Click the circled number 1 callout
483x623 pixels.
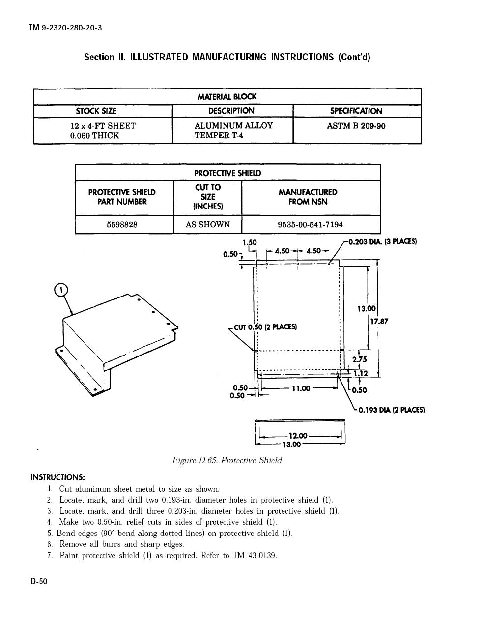[x=61, y=290]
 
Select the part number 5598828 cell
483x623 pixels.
[x=122, y=225]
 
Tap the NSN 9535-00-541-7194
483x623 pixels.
[x=310, y=225]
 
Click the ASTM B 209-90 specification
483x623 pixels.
[x=356, y=126]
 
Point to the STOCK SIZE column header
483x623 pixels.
[x=96, y=111]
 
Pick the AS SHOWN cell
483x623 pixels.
[x=208, y=224]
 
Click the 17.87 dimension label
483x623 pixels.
[x=379, y=322]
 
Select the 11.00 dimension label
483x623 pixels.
[x=301, y=388]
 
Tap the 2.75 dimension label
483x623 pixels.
[x=360, y=359]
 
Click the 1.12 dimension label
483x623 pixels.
[x=360, y=373]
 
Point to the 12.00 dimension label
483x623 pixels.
[x=298, y=436]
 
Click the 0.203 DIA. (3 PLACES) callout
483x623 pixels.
[x=382, y=242]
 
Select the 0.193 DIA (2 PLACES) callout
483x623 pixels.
[x=392, y=410]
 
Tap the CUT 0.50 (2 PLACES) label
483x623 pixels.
[x=265, y=327]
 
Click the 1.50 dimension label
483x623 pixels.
[x=250, y=242]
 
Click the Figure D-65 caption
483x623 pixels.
[x=227, y=460]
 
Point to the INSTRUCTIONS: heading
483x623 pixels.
[x=57, y=477]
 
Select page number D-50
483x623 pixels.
[x=39, y=581]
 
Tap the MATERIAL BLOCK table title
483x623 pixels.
[x=227, y=97]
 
